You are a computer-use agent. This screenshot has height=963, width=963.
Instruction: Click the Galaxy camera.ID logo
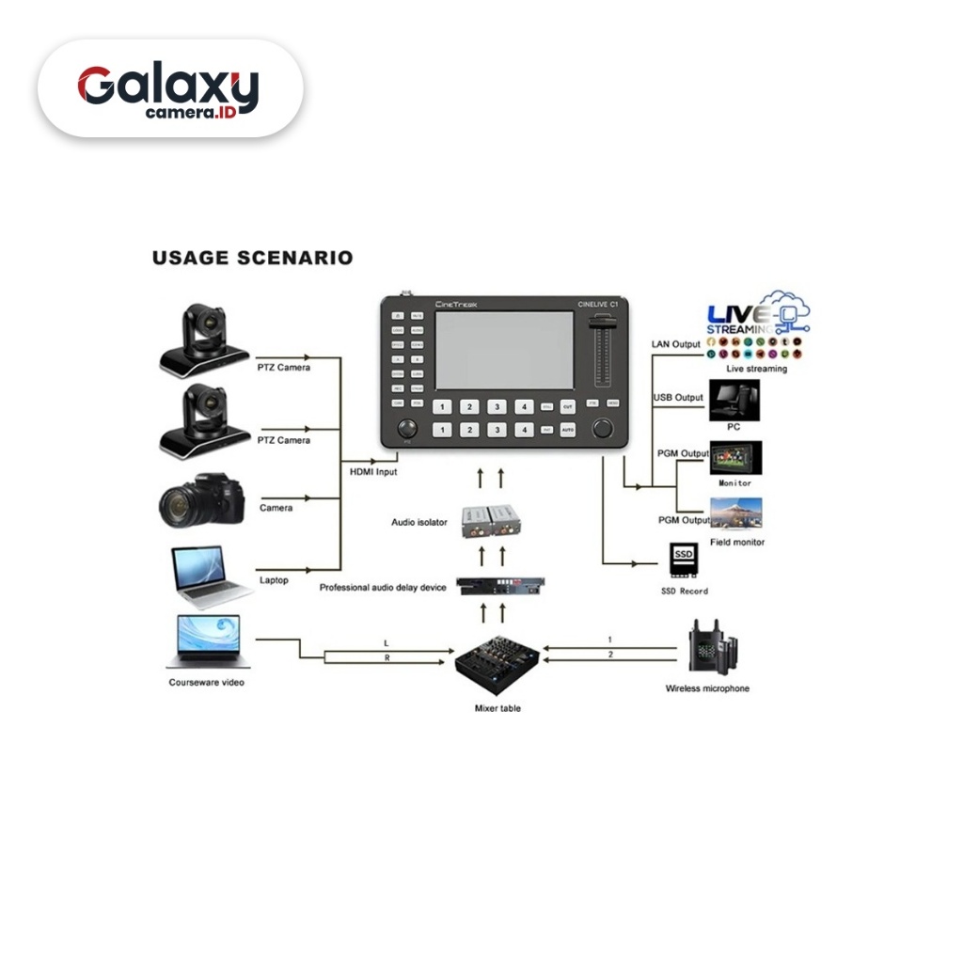[x=169, y=90]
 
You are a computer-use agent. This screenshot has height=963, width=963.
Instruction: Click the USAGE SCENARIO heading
[x=252, y=257]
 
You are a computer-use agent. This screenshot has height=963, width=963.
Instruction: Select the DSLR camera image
[x=200, y=500]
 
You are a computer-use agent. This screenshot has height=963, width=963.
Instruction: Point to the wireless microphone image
[x=711, y=646]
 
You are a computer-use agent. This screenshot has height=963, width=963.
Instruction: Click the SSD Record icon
[x=684, y=560]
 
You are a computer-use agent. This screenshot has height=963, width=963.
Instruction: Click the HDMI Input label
[x=373, y=471]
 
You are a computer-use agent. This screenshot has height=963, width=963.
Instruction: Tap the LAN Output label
[x=675, y=344]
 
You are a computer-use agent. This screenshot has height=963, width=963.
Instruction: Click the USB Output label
[x=678, y=398]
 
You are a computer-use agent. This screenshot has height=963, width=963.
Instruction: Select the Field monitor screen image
[x=735, y=513]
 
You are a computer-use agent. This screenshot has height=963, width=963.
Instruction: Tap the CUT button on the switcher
[x=567, y=407]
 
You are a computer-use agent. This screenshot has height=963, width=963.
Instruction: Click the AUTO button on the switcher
[x=567, y=430]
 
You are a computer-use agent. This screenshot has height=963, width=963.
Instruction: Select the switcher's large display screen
[x=503, y=351]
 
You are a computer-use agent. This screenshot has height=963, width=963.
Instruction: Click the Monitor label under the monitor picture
[x=735, y=483]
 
